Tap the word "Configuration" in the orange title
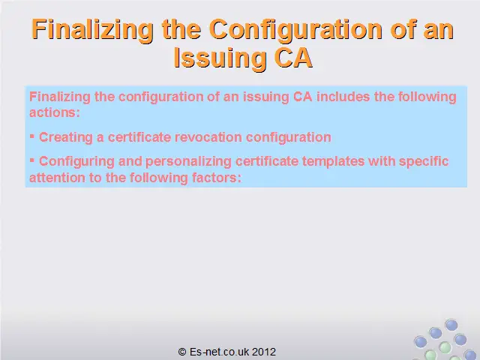pyautogui.click(x=295, y=30)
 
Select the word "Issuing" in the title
pyautogui.click(x=220, y=58)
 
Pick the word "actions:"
pyautogui.click(x=55, y=112)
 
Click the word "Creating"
pyautogui.click(x=66, y=137)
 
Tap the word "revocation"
pyautogui.click(x=208, y=136)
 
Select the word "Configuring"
pyautogui.click(x=76, y=162)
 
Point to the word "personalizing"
pyautogui.click(x=188, y=162)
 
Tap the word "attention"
pyautogui.click(x=57, y=178)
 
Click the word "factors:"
pyautogui.click(x=217, y=178)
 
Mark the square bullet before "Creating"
pyautogui.click(x=31, y=136)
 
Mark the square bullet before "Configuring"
pyautogui.click(x=31, y=160)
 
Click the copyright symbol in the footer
pyautogui.click(x=182, y=352)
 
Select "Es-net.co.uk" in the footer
pyautogui.click(x=220, y=352)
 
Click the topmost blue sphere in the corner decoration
pyautogui.click(x=451, y=325)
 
